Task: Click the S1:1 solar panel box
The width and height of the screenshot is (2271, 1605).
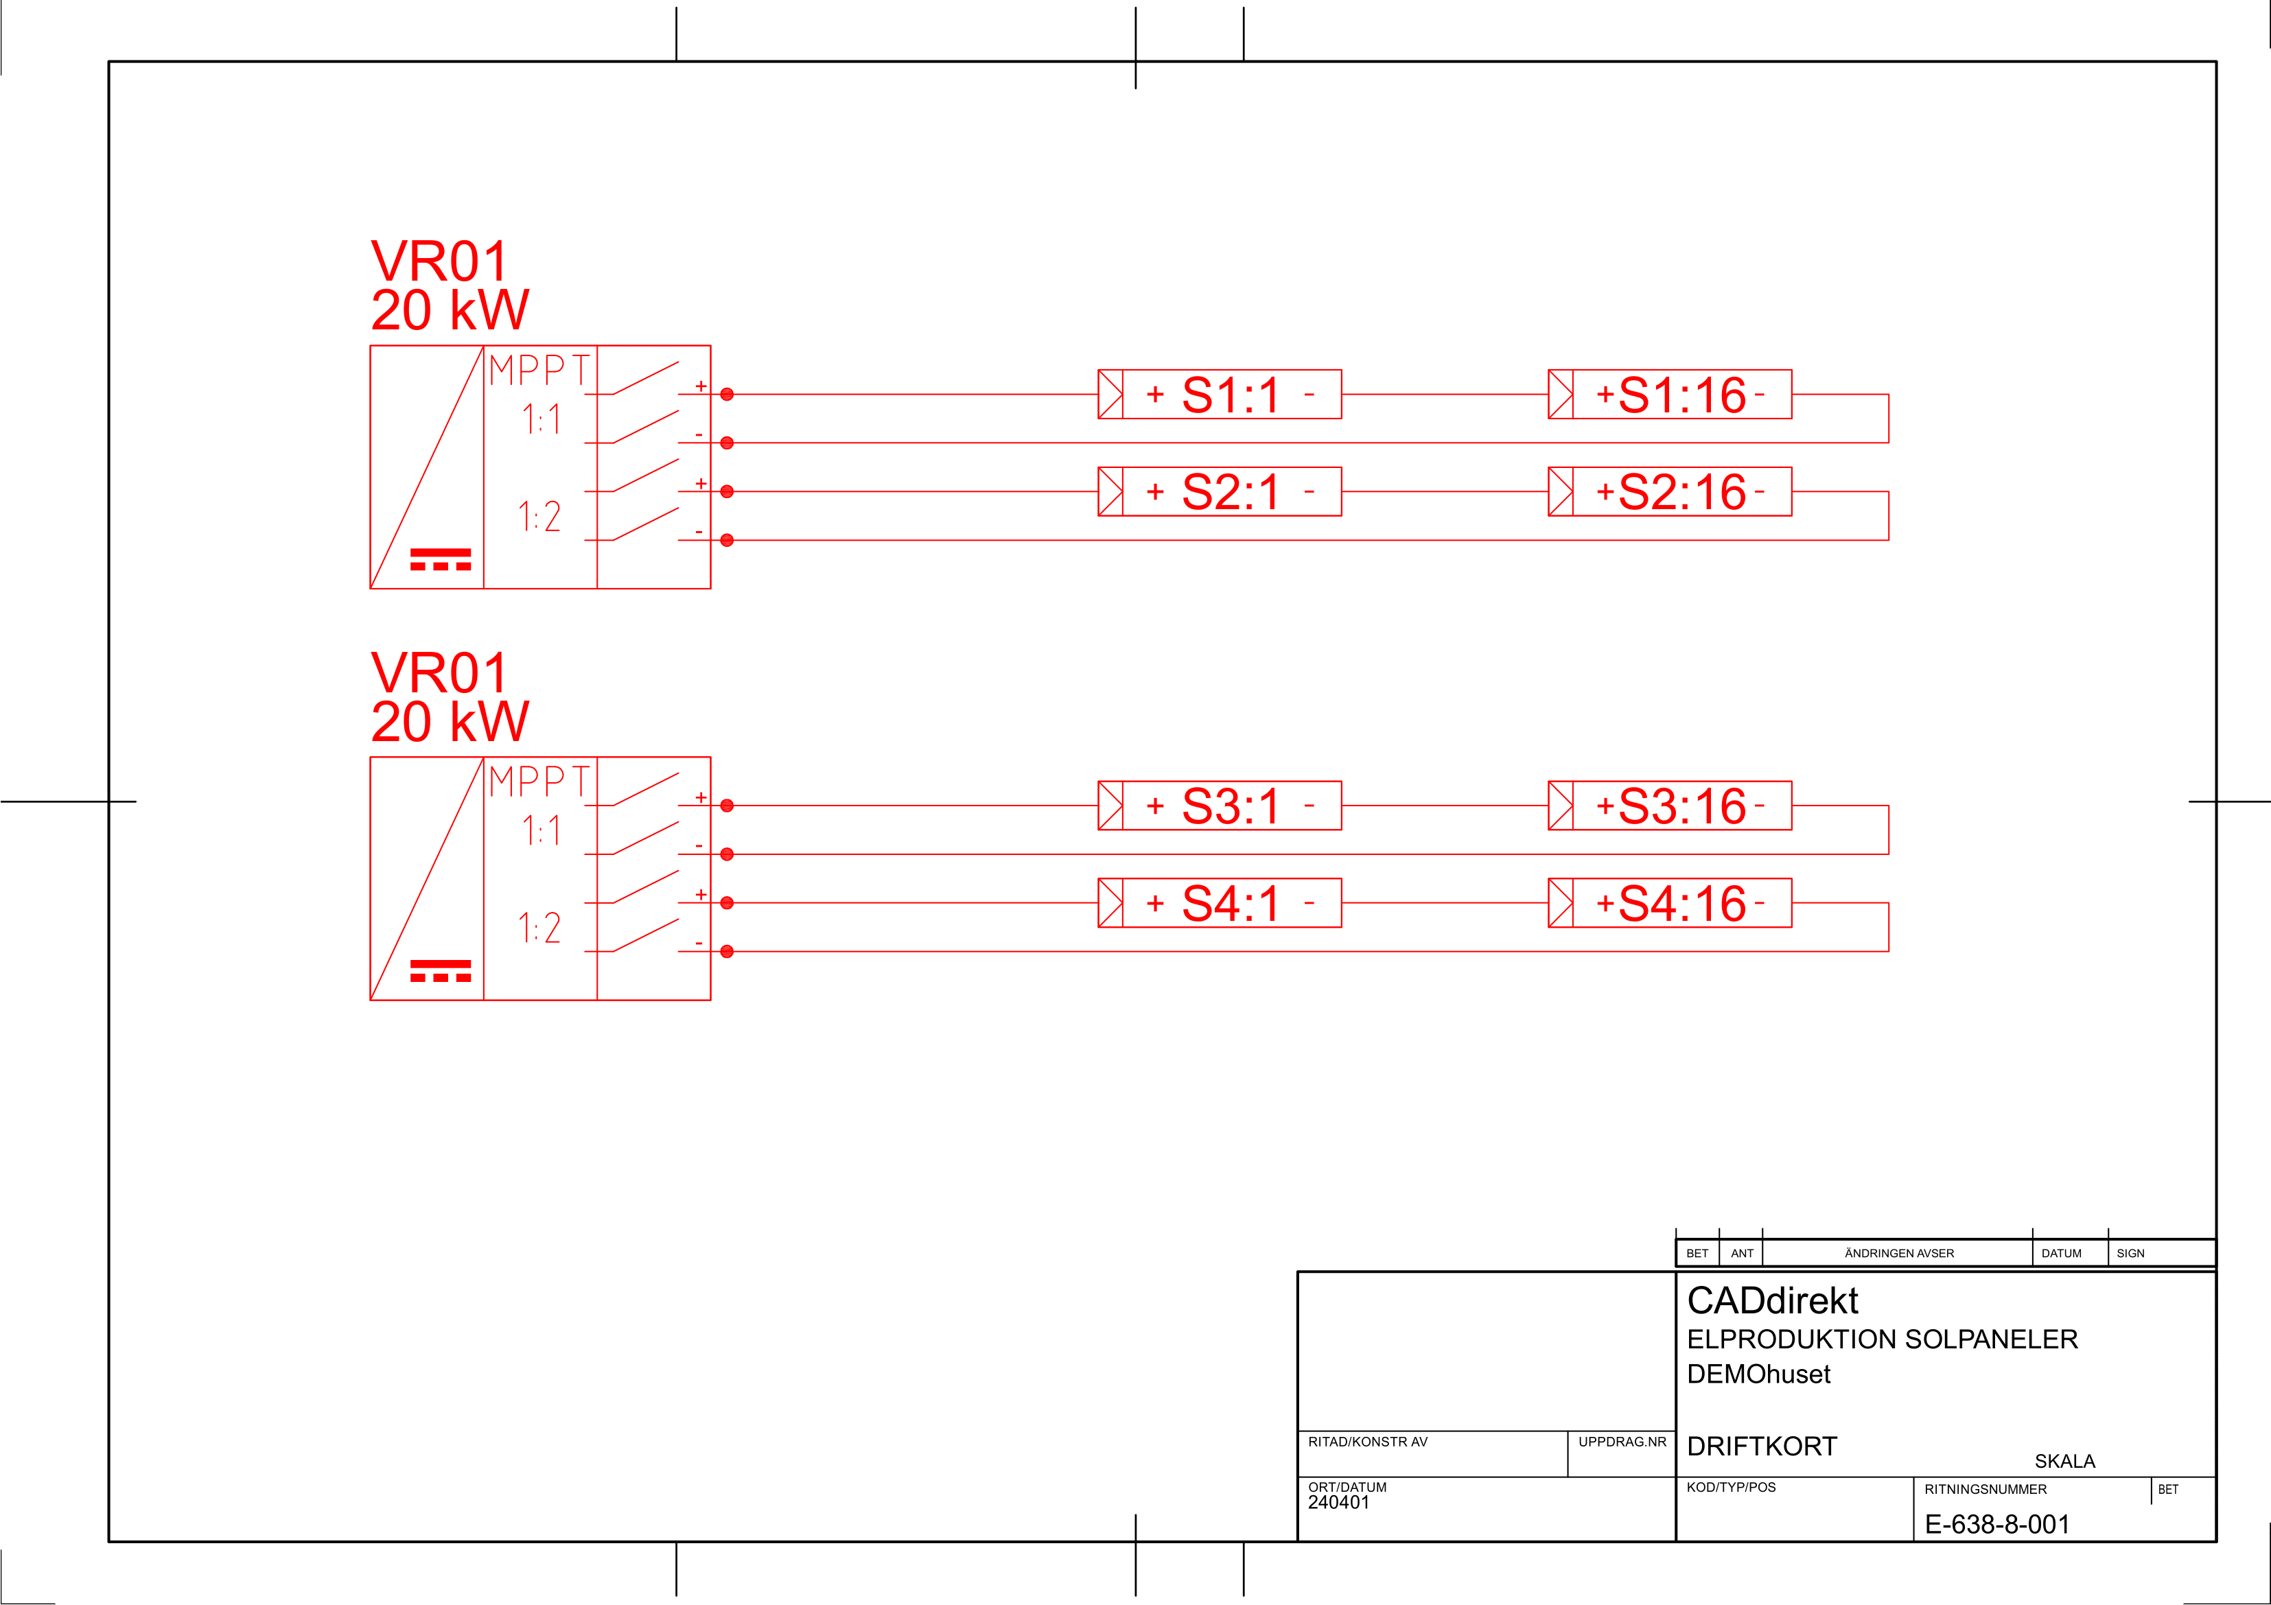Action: tap(1220, 395)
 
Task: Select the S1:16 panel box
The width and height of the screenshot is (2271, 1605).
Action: tap(1670, 395)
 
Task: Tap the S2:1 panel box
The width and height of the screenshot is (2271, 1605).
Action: tap(1220, 491)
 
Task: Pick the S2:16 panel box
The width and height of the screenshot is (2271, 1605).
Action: tap(1670, 491)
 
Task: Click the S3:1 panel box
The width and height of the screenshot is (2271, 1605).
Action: tap(1220, 806)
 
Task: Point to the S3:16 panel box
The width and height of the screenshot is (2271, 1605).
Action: tap(1670, 806)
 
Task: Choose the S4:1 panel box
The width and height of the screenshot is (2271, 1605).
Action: tap(1220, 903)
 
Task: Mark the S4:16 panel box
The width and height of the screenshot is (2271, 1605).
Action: tap(1670, 903)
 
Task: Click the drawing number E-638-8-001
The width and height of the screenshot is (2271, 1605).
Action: tap(1996, 1524)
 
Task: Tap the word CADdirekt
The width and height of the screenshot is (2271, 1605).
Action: tap(1773, 1300)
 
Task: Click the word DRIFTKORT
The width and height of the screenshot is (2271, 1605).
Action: tap(1762, 1446)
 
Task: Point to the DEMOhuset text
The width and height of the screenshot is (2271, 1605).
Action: tap(1758, 1374)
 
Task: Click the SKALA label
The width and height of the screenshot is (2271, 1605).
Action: tap(2064, 1461)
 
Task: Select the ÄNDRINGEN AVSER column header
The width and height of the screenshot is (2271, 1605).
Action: tap(1899, 1253)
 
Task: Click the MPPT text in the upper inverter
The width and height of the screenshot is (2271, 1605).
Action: tap(539, 371)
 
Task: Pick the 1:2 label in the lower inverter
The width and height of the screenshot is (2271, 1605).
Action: tap(539, 928)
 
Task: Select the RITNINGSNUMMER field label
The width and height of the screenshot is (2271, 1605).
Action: tap(1985, 1489)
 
